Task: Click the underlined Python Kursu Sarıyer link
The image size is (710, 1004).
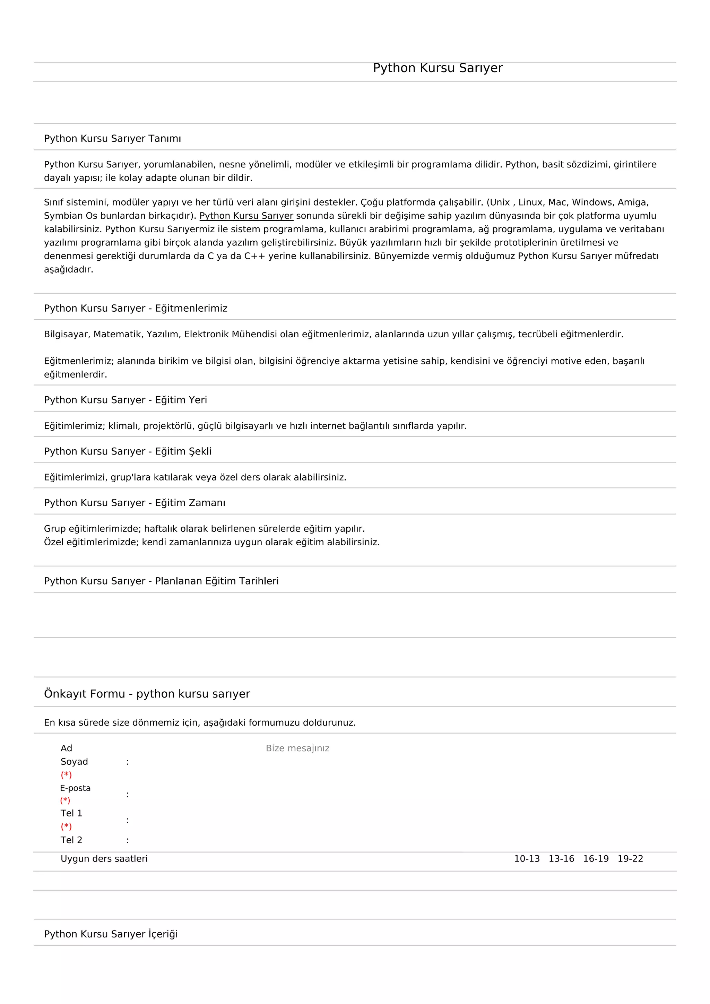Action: (246, 216)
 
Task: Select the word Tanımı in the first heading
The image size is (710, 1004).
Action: (164, 139)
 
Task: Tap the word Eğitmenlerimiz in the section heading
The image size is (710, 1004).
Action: (191, 308)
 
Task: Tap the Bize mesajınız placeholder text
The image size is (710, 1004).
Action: (297, 748)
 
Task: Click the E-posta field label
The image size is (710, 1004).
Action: (75, 788)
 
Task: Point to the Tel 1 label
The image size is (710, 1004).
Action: (71, 813)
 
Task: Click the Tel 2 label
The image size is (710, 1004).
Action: (71, 840)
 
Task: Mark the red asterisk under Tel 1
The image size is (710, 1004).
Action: (66, 826)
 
